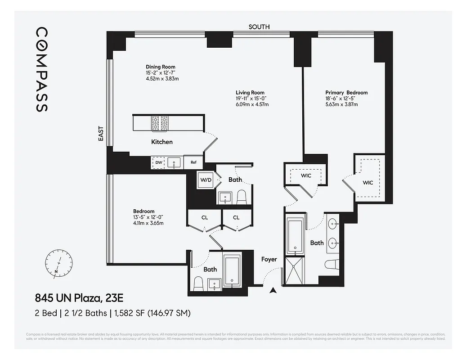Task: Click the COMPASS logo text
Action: pyautogui.click(x=41, y=69)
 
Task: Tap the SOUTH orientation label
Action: pyautogui.click(x=259, y=27)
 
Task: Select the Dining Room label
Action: pyautogui.click(x=160, y=67)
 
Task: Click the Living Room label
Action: pyautogui.click(x=250, y=93)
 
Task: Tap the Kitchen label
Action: pyautogui.click(x=161, y=142)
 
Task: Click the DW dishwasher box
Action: pyautogui.click(x=159, y=162)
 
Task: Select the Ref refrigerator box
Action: pyautogui.click(x=193, y=162)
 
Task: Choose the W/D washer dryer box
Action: pyautogui.click(x=206, y=180)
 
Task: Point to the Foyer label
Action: pyautogui.click(x=269, y=259)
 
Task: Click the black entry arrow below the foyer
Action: pyautogui.click(x=272, y=291)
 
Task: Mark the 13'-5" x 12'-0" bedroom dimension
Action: pyautogui.click(x=151, y=217)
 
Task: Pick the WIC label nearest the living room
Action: pyautogui.click(x=305, y=175)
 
